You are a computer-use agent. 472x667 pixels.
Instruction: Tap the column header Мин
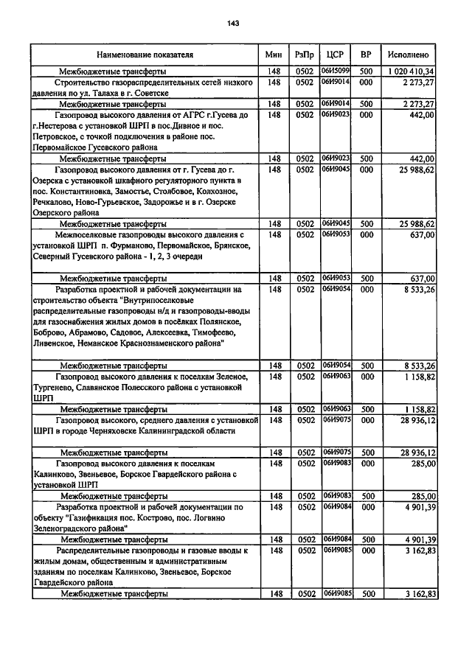(x=273, y=55)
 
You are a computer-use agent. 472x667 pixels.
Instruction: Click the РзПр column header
(x=304, y=55)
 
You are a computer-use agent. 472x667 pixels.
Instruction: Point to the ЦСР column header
(x=335, y=55)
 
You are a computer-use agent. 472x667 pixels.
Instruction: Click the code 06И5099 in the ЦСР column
(x=335, y=71)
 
